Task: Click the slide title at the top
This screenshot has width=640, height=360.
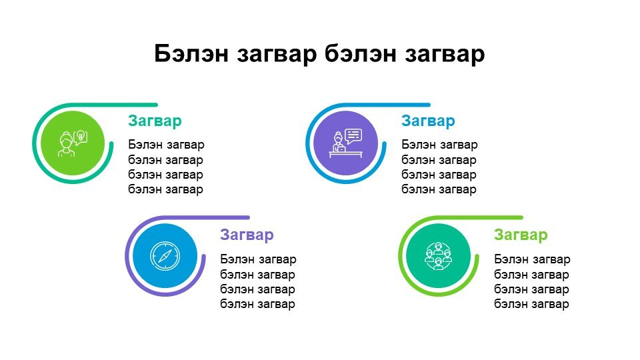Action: click(319, 54)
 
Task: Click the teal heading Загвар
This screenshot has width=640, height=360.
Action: click(155, 121)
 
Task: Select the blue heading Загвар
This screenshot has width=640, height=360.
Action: click(428, 121)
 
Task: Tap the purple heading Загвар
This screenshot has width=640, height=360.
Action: click(247, 235)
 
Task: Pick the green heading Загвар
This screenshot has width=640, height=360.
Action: click(521, 235)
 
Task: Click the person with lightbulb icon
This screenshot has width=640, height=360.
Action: click(73, 143)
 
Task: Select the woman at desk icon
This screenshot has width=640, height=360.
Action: click(346, 143)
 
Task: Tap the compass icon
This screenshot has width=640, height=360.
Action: click(165, 256)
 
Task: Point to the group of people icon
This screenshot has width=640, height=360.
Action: click(439, 256)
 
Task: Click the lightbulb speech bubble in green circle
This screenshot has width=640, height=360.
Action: click(81, 137)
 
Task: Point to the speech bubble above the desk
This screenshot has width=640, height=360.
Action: click(353, 136)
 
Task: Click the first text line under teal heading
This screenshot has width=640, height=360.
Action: click(166, 145)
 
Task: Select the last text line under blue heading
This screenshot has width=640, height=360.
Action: click(439, 189)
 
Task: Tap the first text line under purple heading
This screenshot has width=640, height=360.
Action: click(259, 259)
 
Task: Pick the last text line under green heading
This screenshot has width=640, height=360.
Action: click(531, 304)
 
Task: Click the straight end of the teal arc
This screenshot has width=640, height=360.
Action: click(155, 105)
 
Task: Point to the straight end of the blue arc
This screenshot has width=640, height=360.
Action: click(428, 105)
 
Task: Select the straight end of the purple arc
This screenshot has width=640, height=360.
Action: click(247, 217)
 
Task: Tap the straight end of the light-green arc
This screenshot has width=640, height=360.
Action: click(521, 217)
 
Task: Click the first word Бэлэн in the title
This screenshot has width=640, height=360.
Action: click(191, 53)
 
